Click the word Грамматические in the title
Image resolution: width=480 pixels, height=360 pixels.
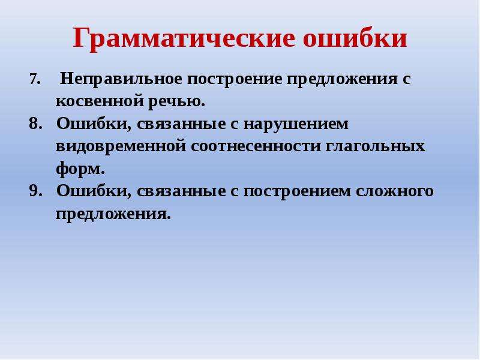(x=184, y=38)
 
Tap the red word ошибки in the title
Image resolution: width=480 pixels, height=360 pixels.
(x=355, y=38)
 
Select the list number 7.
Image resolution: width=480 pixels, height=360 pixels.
(x=35, y=80)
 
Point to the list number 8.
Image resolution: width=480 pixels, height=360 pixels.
(x=35, y=124)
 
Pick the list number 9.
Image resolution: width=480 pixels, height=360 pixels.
(x=35, y=191)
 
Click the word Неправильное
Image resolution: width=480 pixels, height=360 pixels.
(x=121, y=80)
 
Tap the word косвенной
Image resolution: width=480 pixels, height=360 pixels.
(x=100, y=101)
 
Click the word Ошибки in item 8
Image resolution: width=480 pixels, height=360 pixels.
(x=94, y=124)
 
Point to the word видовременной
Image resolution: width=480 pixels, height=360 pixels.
(x=121, y=146)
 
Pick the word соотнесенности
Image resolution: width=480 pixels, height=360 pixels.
(x=256, y=146)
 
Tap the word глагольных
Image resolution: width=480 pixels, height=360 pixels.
(x=376, y=146)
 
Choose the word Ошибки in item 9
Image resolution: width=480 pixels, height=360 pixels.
(x=94, y=191)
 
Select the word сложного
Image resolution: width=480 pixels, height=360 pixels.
(x=395, y=191)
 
